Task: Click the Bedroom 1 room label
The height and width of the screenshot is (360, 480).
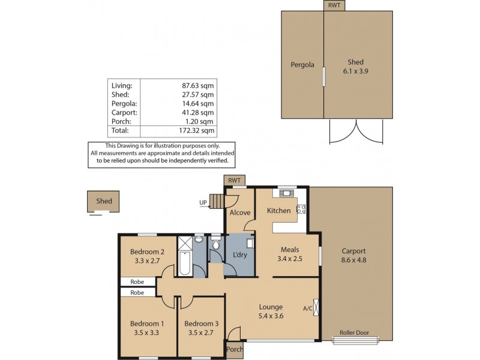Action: (x=148, y=323)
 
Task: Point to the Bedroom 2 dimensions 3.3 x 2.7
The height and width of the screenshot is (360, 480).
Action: (x=147, y=260)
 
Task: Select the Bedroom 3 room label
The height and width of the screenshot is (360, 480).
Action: (x=201, y=323)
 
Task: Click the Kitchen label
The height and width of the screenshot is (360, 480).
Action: (x=278, y=211)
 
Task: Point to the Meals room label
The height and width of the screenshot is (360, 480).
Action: (x=289, y=250)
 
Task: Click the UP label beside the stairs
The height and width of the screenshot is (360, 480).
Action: (x=203, y=202)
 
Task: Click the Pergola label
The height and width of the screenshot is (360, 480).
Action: (x=303, y=64)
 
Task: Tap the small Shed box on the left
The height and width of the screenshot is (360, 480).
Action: (x=103, y=201)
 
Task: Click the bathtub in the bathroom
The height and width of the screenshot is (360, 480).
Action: (x=185, y=265)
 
